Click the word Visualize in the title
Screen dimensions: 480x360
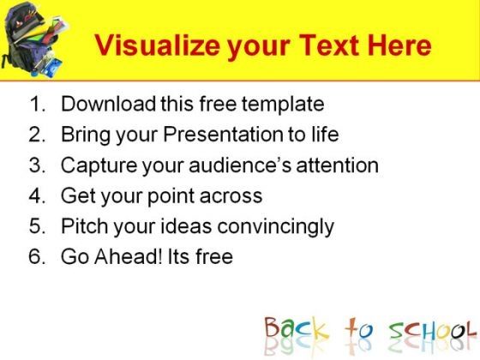(158, 45)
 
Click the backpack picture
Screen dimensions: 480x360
(34, 39)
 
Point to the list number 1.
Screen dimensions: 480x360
(37, 104)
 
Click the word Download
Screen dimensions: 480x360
(109, 104)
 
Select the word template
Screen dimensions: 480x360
(283, 104)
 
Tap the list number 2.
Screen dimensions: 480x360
(37, 134)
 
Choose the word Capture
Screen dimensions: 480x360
(99, 165)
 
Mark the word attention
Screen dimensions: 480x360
(338, 165)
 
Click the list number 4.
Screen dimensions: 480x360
(37, 195)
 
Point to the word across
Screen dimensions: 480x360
(231, 196)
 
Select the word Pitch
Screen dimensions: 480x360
(85, 226)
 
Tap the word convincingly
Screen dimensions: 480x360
(275, 227)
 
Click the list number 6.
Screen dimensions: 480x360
(37, 256)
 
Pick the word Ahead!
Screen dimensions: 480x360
(128, 256)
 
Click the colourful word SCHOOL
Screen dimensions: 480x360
(432, 331)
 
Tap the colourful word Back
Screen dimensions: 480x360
(296, 328)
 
